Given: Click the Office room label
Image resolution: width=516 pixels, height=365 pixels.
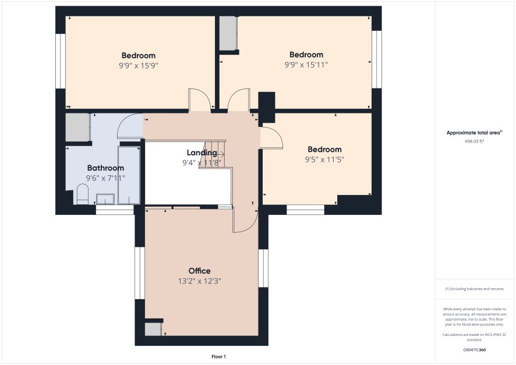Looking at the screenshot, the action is click(x=199, y=271).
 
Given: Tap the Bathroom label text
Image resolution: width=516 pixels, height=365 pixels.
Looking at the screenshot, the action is click(x=105, y=168).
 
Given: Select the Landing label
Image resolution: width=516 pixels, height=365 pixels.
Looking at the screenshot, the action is click(x=202, y=153).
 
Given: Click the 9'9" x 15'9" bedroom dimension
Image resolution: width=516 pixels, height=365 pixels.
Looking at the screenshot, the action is click(x=139, y=65).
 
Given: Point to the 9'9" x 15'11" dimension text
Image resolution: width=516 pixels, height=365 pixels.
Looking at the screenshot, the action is click(x=306, y=65).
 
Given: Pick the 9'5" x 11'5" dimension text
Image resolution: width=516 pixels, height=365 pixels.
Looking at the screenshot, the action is click(x=324, y=160).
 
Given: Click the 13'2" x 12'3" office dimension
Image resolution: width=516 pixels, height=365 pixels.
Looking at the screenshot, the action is click(x=199, y=281).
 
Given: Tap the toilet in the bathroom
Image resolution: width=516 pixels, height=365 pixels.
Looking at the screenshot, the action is click(x=83, y=194).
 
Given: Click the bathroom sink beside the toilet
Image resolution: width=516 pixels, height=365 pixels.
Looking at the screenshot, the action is click(x=105, y=199).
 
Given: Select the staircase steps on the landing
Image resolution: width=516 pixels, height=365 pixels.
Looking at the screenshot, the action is click(x=213, y=154).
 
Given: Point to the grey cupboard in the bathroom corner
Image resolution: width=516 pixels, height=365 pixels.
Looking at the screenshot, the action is click(x=77, y=127).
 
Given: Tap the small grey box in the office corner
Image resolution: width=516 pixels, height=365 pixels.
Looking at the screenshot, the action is click(x=153, y=329).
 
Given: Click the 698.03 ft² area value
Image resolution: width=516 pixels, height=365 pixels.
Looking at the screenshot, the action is click(x=474, y=141).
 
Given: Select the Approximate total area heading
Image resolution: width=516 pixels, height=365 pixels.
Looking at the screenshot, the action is click(x=474, y=133).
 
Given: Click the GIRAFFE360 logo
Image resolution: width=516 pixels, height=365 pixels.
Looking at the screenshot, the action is click(x=474, y=349).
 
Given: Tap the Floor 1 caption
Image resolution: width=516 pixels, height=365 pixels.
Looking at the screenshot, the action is click(x=218, y=356).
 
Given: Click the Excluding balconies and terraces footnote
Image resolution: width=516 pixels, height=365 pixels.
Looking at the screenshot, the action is click(x=474, y=289).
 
